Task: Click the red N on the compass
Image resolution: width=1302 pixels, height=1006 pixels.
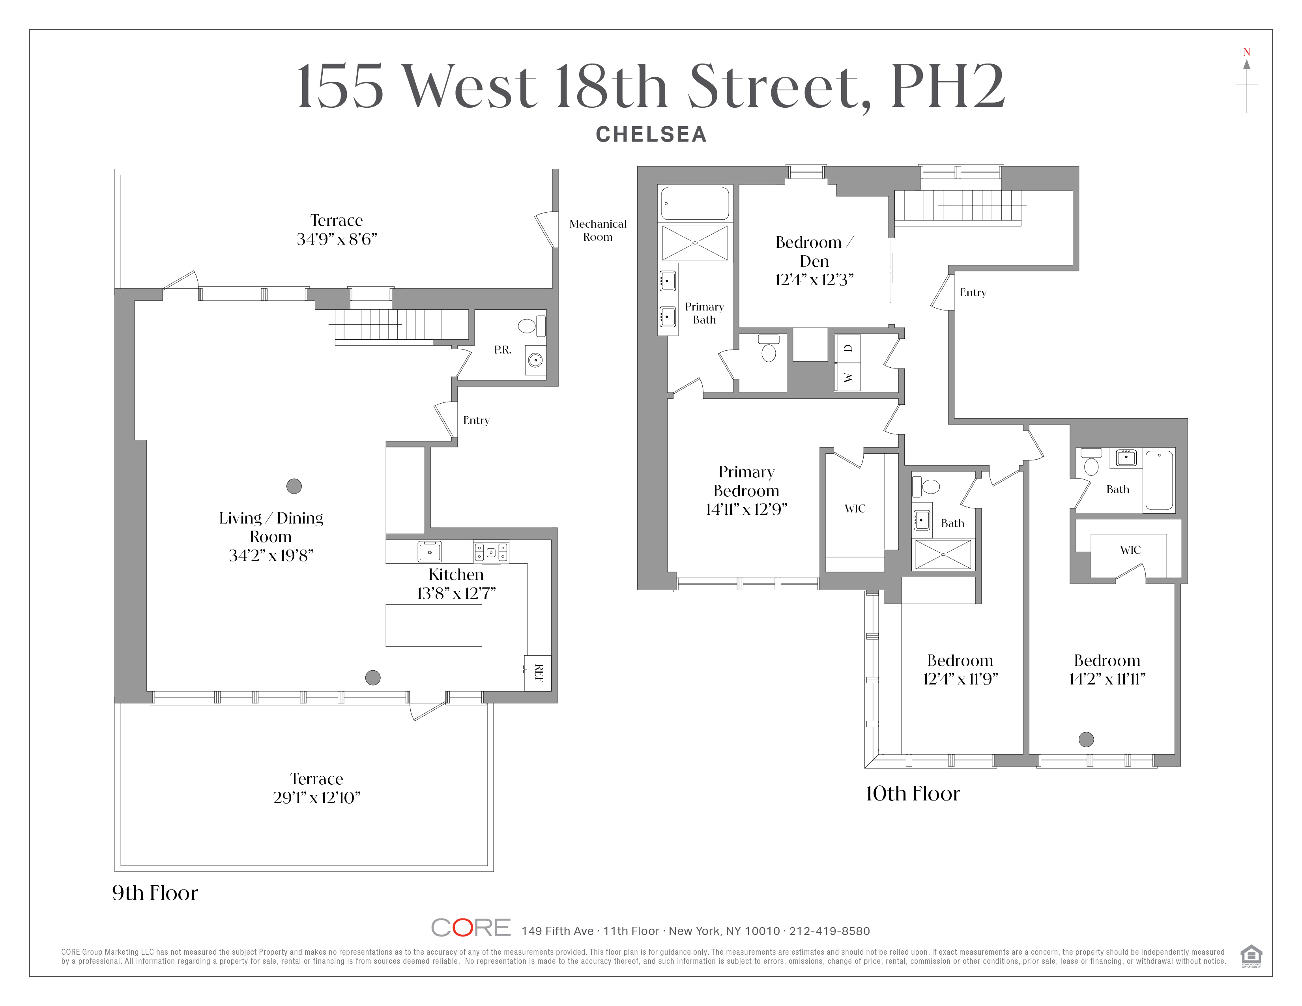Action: [x=1246, y=52]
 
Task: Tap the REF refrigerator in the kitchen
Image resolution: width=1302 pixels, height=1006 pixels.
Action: [x=538, y=673]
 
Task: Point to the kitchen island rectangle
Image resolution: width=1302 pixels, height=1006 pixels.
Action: [x=433, y=625]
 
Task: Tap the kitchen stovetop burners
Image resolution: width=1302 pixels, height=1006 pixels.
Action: [x=491, y=552]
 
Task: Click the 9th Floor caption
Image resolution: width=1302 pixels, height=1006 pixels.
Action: [x=155, y=893]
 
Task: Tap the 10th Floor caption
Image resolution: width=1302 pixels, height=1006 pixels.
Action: [x=912, y=794]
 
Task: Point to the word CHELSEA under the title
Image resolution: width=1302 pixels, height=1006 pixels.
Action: [x=651, y=135]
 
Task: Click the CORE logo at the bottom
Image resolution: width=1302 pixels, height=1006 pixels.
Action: [x=470, y=928]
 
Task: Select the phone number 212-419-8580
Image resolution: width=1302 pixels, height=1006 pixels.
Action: [x=829, y=931]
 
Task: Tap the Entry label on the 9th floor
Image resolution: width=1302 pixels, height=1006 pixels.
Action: [x=476, y=420]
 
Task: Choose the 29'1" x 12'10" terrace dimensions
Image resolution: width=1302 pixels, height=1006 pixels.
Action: [x=316, y=797]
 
